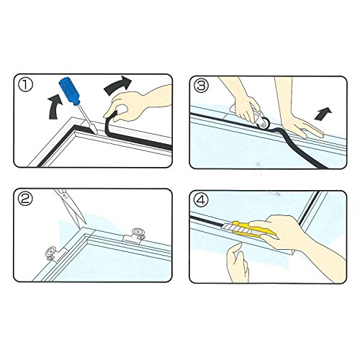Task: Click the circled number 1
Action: [x=25, y=85]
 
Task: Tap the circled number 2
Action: [x=25, y=199]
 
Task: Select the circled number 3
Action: [x=201, y=86]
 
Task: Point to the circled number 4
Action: [x=201, y=199]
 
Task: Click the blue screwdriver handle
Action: [x=69, y=91]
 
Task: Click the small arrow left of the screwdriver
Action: [x=55, y=107]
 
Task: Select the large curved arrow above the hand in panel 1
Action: [x=118, y=85]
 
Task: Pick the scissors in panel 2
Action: [x=71, y=207]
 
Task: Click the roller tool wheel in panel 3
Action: [x=264, y=122]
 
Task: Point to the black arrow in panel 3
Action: [x=323, y=114]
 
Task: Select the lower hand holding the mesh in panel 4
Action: [x=238, y=263]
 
